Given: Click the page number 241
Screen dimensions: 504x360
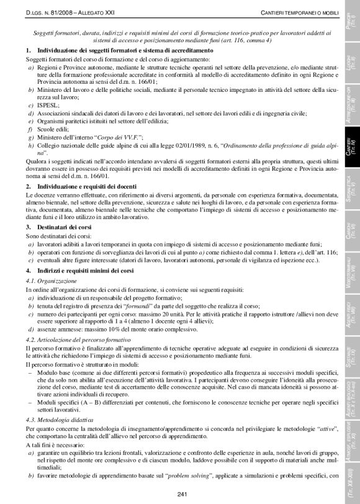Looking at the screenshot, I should click(182, 494).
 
